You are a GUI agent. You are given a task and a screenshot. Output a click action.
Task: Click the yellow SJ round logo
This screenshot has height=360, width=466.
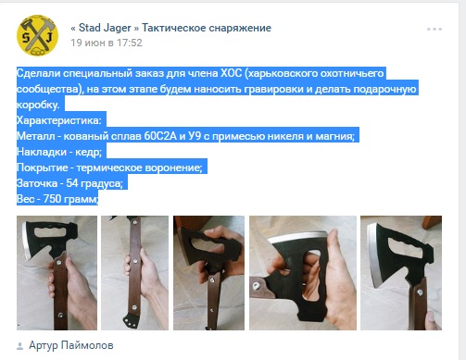[37, 35]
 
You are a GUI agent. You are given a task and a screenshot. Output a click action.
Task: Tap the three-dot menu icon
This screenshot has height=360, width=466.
[435, 29]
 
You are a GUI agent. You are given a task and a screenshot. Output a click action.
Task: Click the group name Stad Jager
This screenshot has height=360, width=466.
[105, 28]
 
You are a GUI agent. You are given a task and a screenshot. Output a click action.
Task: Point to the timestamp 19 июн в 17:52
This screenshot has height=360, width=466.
[107, 43]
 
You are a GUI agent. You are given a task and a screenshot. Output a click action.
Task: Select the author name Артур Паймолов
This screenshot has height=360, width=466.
[71, 345]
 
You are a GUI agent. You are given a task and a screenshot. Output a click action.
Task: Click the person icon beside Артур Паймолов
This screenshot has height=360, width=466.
[19, 346]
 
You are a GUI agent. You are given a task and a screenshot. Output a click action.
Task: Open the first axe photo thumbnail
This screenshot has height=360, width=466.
[57, 273]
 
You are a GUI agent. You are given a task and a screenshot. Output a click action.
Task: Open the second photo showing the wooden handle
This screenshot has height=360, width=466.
[135, 273]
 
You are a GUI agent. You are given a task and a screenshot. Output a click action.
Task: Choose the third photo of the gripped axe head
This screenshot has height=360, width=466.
[208, 273]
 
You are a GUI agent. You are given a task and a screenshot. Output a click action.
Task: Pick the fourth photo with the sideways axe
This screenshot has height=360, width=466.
[303, 273]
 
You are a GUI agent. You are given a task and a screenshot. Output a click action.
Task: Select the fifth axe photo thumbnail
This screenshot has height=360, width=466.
[401, 273]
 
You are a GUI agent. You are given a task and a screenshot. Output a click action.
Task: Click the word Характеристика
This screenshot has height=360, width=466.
[57, 120]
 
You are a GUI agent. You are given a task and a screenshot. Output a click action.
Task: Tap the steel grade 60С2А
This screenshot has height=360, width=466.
[160, 136]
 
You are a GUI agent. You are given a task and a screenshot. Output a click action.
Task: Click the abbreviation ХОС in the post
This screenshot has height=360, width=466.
[231, 73]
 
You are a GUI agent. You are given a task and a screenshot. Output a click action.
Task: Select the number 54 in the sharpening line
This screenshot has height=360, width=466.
[72, 183]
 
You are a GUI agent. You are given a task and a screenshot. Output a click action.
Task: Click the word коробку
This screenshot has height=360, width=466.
[38, 105]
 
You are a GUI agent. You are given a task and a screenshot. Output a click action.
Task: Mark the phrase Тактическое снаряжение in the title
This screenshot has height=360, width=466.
[207, 28]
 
